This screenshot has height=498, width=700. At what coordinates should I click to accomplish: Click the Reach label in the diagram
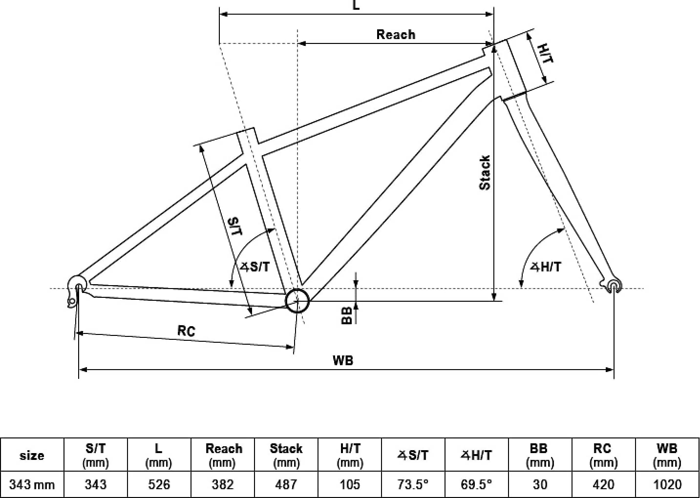click(x=396, y=34)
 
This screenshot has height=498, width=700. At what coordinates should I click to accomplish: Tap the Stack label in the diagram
click(x=485, y=172)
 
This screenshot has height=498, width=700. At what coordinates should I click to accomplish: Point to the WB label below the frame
click(x=343, y=360)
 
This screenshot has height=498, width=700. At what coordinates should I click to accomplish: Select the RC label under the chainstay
click(x=186, y=331)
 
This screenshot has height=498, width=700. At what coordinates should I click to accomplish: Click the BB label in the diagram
click(x=346, y=315)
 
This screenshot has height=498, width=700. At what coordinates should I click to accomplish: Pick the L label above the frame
click(x=356, y=5)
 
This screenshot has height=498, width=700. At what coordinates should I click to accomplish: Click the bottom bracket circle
click(x=297, y=301)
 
